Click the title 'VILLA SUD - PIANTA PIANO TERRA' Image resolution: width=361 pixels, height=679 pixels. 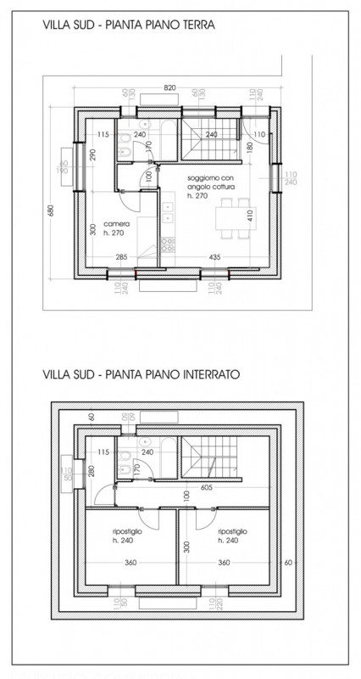coord(126,26)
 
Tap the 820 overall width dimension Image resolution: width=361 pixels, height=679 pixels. coord(169,87)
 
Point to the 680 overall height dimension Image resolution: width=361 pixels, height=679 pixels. coord(53,210)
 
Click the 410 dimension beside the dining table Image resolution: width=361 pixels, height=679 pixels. coord(251,215)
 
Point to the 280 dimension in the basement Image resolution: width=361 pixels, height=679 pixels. coord(90,472)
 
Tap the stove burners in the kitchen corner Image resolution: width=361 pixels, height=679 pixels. coord(168,244)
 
